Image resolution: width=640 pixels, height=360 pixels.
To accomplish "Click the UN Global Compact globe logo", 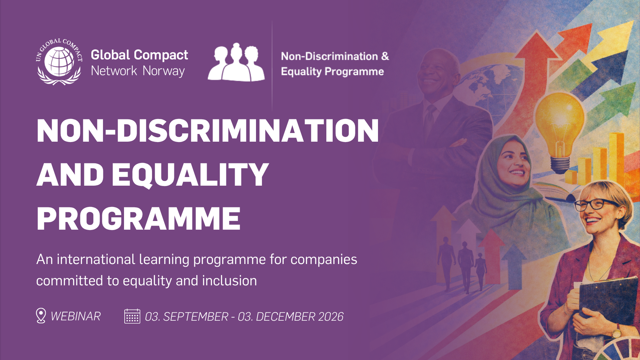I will click(59, 62).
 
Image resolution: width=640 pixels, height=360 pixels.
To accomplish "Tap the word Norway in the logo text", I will click(164, 71).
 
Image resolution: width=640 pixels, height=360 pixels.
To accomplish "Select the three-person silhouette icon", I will click(236, 62).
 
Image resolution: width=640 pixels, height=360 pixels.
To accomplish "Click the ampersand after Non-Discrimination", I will click(385, 56).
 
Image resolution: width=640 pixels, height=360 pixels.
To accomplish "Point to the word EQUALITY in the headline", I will click(190, 175).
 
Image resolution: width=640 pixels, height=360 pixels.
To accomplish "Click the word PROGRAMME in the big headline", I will click(138, 219).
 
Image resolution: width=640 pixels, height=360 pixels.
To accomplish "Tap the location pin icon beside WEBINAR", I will click(41, 315).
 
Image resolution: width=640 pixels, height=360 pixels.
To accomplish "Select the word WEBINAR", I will click(76, 316).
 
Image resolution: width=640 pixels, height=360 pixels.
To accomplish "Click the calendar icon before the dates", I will click(132, 316).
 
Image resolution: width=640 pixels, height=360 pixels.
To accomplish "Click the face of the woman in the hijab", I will click(512, 165).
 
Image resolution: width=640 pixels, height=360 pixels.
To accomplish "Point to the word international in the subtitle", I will click(96, 259).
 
